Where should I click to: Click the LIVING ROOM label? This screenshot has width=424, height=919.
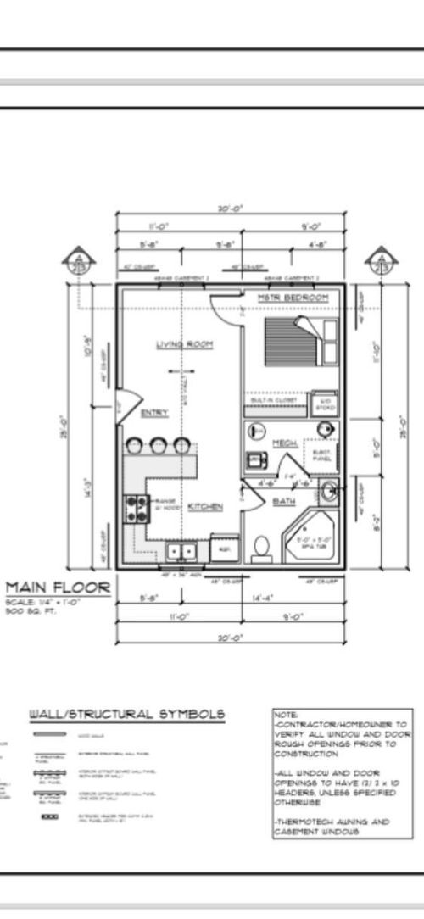pyautogui.click(x=184, y=344)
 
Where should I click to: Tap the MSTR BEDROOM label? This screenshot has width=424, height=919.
pyautogui.click(x=293, y=298)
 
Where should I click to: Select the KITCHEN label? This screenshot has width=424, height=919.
pyautogui.click(x=205, y=506)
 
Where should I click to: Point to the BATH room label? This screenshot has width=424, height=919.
pyautogui.click(x=283, y=502)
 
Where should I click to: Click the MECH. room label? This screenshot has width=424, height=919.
pyautogui.click(x=283, y=443)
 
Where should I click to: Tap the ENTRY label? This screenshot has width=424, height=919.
pyautogui.click(x=153, y=413)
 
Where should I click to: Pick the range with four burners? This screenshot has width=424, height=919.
pyautogui.click(x=137, y=508)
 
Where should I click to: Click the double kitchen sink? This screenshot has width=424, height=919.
pyautogui.click(x=181, y=552)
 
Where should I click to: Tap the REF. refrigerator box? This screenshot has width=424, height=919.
pyautogui.click(x=225, y=549)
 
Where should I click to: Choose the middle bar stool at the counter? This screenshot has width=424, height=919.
pyautogui.click(x=159, y=446)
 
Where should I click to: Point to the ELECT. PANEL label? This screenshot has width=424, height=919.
pyautogui.click(x=323, y=454)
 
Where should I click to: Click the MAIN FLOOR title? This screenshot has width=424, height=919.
pyautogui.click(x=58, y=587)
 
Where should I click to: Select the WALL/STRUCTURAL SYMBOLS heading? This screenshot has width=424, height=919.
pyautogui.click(x=128, y=714)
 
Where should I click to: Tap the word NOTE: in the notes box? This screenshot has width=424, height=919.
pyautogui.click(x=285, y=715)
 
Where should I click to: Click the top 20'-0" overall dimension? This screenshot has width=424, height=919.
pyautogui.click(x=230, y=210)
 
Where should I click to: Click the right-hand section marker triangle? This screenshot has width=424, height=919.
pyautogui.click(x=377, y=260)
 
